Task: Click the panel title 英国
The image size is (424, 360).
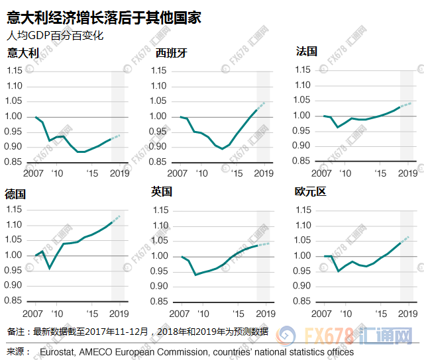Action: [161, 192]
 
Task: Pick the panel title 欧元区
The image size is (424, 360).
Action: [310, 192]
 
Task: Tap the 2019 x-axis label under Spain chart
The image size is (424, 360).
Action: [264, 173]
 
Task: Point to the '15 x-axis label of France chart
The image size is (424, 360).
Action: [380, 173]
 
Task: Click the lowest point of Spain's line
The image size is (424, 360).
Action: [223, 149]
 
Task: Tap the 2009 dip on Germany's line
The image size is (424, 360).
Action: [49, 268]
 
